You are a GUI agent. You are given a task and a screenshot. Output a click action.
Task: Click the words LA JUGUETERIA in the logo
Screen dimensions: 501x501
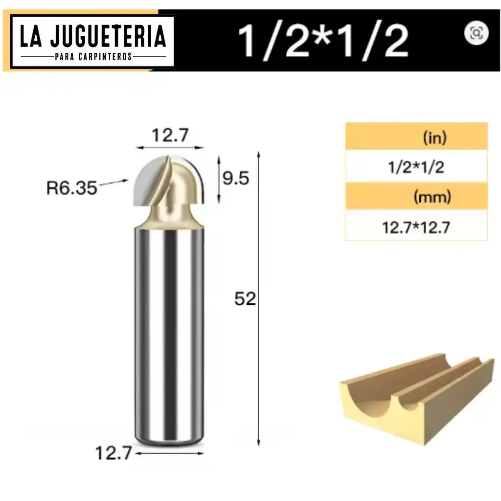[x=92, y=37]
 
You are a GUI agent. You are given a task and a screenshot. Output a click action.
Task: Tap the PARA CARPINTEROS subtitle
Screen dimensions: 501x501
[x=92, y=56]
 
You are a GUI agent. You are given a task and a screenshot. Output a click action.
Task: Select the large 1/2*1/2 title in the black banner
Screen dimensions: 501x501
[x=323, y=41]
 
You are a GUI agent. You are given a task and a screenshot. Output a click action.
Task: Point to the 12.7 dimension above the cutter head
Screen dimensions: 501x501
[x=169, y=135]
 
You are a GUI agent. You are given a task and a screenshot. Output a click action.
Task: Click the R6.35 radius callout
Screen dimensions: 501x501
[x=71, y=188]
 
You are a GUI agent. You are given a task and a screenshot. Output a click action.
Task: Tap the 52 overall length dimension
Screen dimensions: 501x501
[x=245, y=299]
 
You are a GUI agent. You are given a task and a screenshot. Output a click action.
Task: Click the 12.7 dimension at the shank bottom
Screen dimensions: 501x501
[x=113, y=454]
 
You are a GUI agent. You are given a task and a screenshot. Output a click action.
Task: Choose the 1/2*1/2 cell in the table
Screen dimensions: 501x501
[x=416, y=167]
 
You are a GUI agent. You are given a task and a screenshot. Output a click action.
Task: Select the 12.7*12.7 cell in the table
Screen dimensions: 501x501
[x=416, y=228]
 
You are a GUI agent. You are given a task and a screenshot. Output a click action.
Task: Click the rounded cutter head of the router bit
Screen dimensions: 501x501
[x=169, y=186]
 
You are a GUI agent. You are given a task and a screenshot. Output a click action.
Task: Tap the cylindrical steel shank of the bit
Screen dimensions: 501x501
[x=169, y=333]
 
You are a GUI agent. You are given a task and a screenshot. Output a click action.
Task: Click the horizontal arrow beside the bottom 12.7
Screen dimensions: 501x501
[x=169, y=454]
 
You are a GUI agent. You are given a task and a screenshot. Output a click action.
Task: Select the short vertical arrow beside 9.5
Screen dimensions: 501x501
[x=219, y=179]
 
